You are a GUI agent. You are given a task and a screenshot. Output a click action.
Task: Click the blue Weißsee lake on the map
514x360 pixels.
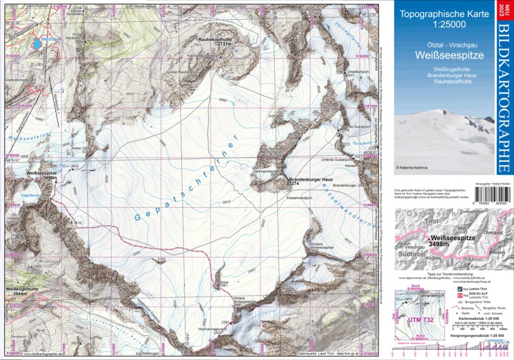(32, 46)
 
